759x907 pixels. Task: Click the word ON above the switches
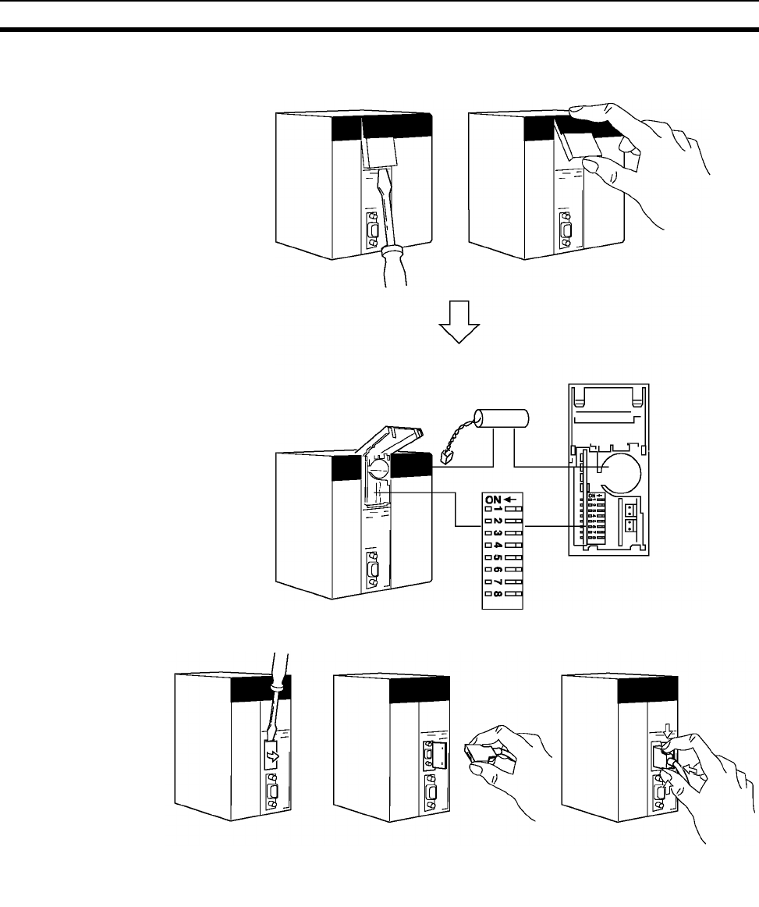click(x=494, y=498)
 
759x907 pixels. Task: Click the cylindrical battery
click(x=502, y=429)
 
